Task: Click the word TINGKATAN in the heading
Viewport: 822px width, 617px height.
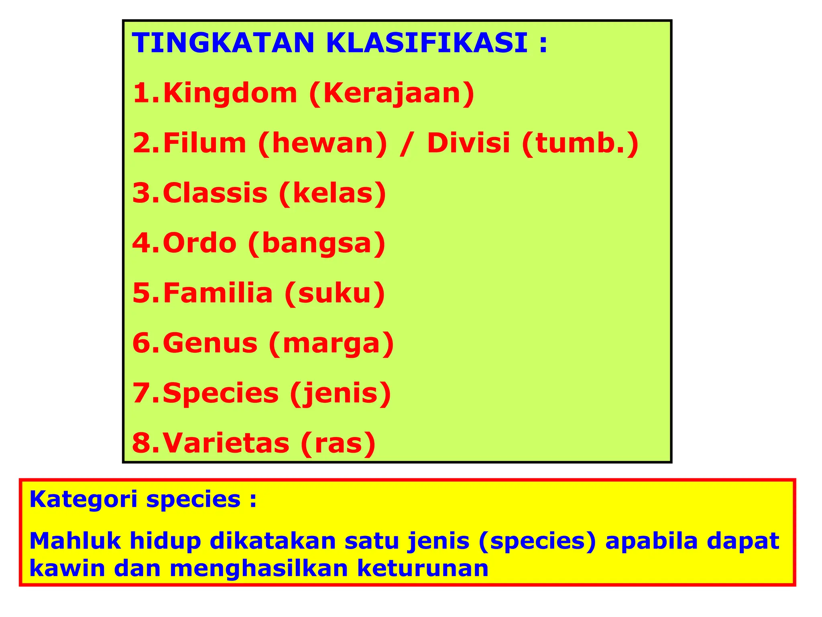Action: point(223,43)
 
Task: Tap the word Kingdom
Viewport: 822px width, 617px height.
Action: point(230,93)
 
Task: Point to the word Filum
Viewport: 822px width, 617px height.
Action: point(205,143)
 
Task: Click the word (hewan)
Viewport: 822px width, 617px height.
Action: point(323,144)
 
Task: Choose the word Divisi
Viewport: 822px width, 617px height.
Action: point(468,143)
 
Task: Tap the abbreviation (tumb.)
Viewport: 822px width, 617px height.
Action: point(580,144)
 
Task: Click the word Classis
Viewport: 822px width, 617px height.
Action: point(215,193)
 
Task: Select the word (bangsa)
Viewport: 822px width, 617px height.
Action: point(317,244)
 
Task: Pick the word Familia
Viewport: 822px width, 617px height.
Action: point(218,293)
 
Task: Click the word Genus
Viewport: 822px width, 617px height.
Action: point(210,343)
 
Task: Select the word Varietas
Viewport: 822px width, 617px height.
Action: point(226,443)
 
